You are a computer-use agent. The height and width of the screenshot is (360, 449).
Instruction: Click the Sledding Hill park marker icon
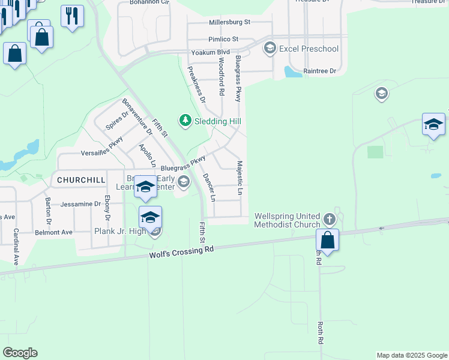tap(185, 121)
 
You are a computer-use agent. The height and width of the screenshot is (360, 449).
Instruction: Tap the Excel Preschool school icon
tap(270, 48)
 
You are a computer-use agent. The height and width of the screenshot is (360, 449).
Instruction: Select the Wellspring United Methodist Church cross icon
tap(329, 219)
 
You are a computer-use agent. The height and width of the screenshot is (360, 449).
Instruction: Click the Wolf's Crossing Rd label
tap(181, 253)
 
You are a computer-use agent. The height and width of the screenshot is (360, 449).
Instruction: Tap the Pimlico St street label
tap(223, 39)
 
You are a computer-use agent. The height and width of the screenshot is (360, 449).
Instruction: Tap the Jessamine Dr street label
tap(81, 204)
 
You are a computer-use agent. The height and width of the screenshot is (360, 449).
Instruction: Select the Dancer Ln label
tap(208, 187)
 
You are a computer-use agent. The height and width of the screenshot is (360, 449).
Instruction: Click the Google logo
tap(20, 353)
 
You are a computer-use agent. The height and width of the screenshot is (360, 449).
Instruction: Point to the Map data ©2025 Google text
tap(411, 355)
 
